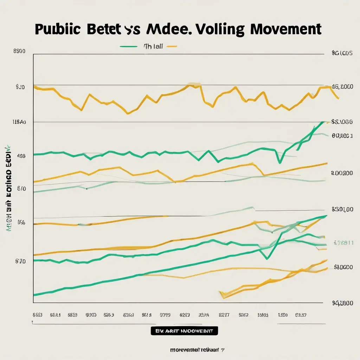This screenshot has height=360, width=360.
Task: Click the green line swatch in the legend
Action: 128,46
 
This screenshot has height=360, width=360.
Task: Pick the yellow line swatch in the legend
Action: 171,46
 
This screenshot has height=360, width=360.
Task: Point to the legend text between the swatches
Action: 153,46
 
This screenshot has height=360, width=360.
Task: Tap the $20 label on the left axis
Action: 20,87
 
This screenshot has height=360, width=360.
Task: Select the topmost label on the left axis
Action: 19,51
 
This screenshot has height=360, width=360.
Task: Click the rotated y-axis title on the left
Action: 9,185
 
